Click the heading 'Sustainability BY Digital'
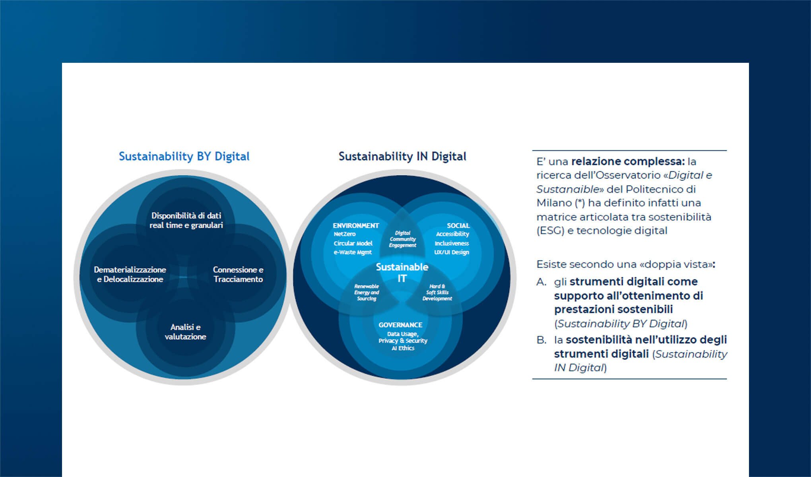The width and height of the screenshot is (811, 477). pos(184,156)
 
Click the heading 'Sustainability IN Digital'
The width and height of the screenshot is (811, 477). pos(402,156)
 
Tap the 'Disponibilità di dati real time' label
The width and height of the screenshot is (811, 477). pos(186,220)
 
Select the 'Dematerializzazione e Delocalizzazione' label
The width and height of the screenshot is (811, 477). pos(130,274)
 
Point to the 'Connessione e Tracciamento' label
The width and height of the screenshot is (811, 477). pos(238,274)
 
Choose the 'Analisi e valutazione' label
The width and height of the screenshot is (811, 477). pos(185,332)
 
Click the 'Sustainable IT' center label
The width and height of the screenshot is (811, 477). pos(402,272)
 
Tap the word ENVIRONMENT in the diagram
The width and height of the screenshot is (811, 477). pos(356,225)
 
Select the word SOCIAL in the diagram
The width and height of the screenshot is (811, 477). pos(458,225)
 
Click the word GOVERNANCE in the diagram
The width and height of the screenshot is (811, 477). pos(400,325)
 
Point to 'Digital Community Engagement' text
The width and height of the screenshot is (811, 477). pos(403,239)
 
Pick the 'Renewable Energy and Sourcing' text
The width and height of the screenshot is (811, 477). pos(367,292)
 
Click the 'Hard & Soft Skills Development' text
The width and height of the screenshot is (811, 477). pos(437,292)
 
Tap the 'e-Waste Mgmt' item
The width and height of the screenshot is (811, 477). pos(353,252)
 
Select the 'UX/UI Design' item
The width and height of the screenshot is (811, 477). pos(452,252)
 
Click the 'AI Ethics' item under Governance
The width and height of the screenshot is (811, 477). pos(403,348)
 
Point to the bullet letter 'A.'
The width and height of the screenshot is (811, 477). pos(541,282)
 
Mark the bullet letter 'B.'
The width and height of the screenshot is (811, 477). pos(541,340)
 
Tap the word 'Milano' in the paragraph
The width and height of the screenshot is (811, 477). pos(554,203)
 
